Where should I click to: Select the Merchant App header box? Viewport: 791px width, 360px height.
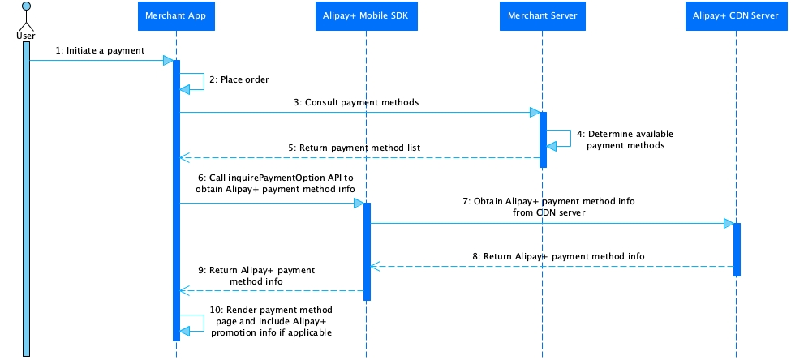(x=176, y=15)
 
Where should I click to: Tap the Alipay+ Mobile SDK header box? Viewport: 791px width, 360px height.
(x=367, y=15)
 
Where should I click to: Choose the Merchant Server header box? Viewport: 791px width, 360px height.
(x=543, y=15)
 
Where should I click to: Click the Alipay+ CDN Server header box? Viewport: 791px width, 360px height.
(x=737, y=15)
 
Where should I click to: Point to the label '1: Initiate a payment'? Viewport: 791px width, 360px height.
(x=100, y=50)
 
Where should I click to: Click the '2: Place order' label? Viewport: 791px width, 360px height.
(x=239, y=79)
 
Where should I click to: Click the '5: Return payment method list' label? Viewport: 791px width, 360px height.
(x=359, y=148)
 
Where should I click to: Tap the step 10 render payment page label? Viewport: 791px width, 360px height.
(x=271, y=321)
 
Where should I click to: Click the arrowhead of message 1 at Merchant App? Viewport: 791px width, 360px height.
(x=167, y=60)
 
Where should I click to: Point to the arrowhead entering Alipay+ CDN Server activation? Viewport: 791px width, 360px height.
(x=728, y=222)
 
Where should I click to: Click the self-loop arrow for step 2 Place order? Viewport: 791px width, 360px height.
(x=195, y=81)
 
